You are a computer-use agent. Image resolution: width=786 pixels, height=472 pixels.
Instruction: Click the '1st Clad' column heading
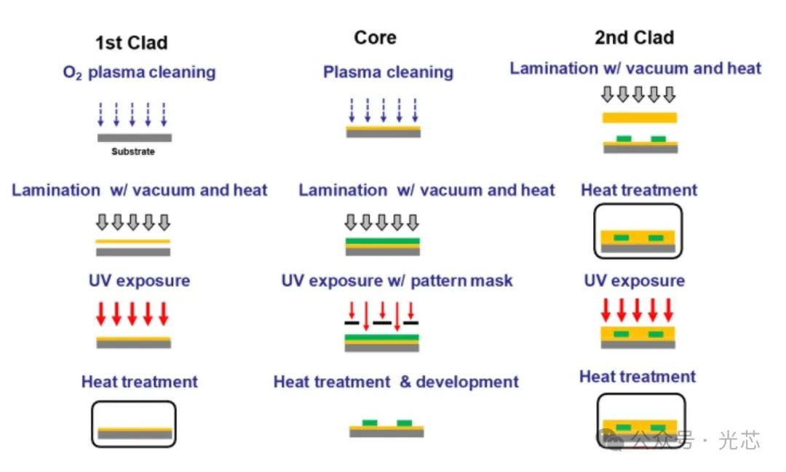coord(131,43)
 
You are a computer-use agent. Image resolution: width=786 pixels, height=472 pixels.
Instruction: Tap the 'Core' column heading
coord(376,38)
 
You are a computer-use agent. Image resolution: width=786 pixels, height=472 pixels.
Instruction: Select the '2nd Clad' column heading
coord(634,38)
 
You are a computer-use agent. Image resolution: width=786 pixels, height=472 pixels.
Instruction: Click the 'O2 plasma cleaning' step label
coord(138,73)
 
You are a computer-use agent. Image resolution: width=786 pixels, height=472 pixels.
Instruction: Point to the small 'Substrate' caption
coord(133,152)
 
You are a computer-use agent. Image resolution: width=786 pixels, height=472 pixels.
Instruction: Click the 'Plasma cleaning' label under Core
coord(388,73)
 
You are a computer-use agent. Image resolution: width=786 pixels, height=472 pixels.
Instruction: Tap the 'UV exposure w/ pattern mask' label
coord(397,281)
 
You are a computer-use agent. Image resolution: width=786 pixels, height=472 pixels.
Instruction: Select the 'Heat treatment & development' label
coord(396,382)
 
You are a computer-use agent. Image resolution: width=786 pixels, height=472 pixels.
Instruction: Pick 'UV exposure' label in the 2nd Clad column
coord(634,281)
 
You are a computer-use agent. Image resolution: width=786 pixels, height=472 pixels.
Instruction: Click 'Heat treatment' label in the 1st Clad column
coord(139,382)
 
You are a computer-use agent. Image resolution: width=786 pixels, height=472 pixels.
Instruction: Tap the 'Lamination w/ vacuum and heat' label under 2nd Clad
coord(635,68)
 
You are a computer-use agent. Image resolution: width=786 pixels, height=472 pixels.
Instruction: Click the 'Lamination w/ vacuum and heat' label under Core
coord(426,191)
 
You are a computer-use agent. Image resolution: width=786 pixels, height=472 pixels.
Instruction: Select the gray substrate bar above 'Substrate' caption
coord(135,137)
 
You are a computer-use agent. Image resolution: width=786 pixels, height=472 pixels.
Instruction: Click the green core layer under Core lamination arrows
coord(382,240)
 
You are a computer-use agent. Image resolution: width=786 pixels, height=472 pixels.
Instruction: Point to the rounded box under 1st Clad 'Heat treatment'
coord(134,424)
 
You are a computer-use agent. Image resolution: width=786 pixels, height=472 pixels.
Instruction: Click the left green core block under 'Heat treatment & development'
coord(370,422)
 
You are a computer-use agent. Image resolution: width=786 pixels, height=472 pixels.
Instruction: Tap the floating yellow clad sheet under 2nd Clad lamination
coord(640,117)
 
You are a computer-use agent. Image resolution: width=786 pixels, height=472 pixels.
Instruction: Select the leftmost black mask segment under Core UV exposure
coord(352,322)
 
